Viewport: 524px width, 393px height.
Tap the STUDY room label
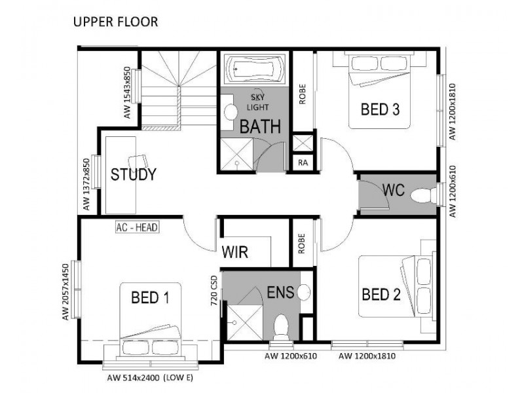click(133, 175)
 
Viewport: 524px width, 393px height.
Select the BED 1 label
click(150, 298)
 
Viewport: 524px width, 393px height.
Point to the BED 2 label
click(381, 294)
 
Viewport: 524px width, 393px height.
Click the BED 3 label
click(380, 109)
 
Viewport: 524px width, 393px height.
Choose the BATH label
click(259, 126)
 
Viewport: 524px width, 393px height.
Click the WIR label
click(234, 252)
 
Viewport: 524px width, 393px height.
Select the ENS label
click(279, 291)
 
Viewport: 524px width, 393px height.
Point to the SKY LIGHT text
click(256, 100)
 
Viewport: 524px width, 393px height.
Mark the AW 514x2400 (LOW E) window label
click(150, 378)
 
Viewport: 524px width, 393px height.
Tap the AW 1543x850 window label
click(127, 92)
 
